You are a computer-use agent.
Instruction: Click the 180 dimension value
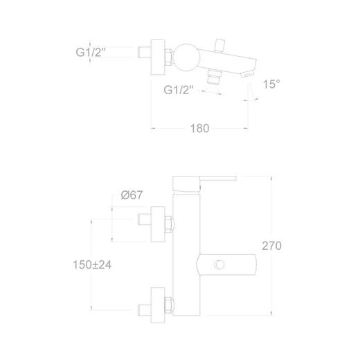[199, 128]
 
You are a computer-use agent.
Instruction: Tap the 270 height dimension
[271, 246]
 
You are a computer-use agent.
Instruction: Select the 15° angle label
[271, 84]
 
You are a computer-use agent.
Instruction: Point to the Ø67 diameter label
[132, 195]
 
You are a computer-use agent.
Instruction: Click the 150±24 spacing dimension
[92, 264]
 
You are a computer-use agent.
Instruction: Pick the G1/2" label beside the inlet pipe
[91, 52]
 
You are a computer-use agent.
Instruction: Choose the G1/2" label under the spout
[179, 90]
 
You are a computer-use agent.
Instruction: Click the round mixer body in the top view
[186, 57]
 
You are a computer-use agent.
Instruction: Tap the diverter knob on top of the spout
[219, 45]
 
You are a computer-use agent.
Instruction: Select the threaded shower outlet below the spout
[214, 77]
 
